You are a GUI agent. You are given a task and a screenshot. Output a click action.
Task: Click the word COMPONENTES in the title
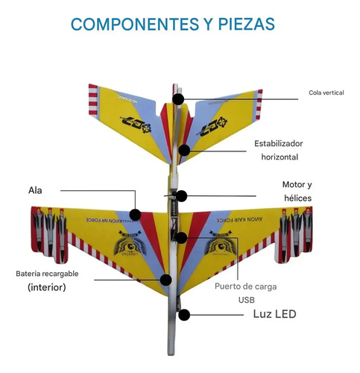coord(128,25)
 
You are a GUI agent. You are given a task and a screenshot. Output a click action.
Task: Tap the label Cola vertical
coord(326,93)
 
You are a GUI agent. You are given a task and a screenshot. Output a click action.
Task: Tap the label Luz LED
coord(275,314)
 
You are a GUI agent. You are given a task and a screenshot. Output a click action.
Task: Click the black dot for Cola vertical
coord(178,98)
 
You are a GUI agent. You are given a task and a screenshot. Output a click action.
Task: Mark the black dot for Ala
coord(134,215)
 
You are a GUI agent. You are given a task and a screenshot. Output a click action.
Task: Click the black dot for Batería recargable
coord(166,280)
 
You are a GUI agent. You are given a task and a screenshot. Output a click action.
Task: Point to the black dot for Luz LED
coord(183,315)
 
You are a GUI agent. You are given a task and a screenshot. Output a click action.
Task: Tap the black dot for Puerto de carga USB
coord(181,238)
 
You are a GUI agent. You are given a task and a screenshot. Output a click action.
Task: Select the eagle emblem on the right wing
coord(224,247)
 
